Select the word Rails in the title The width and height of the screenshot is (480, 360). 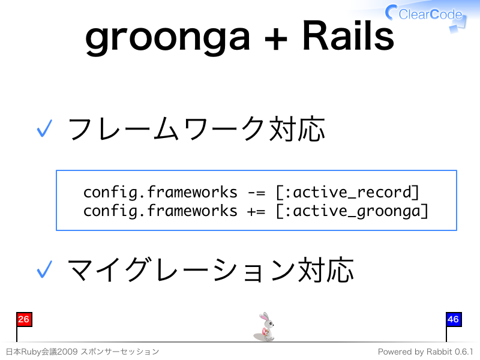click(348, 35)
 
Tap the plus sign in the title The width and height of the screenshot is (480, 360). click(276, 39)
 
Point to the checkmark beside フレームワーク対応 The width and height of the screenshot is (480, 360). click(44, 128)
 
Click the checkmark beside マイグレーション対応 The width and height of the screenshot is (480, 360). click(44, 269)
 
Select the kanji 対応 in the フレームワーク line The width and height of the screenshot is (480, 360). click(297, 129)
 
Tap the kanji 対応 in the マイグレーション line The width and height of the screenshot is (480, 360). click(326, 270)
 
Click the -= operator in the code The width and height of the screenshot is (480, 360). click(257, 193)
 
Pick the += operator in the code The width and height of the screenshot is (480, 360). click(257, 211)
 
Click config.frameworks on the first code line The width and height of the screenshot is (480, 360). click(160, 193)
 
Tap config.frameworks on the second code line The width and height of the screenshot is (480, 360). click(160, 211)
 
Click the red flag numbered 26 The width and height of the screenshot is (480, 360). click(24, 320)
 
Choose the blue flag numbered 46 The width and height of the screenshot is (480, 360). click(454, 320)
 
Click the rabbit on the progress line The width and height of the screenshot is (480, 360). click(265, 326)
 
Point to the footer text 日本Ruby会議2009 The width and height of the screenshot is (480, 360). click(41, 352)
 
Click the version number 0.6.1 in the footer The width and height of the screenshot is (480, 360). click(464, 352)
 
